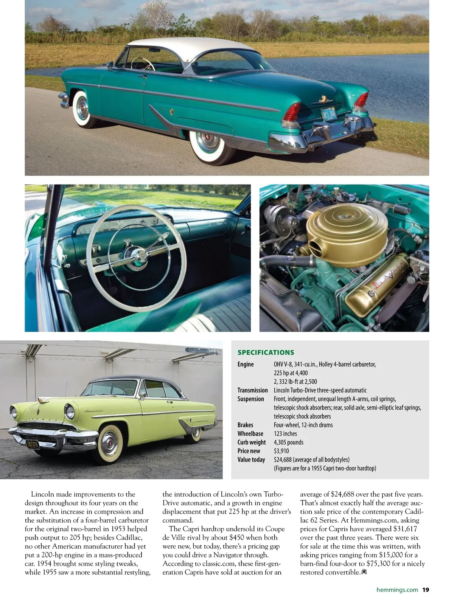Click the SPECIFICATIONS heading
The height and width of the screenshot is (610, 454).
point(266,352)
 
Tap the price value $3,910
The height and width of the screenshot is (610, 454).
point(281,451)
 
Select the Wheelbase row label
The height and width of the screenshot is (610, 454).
point(250,433)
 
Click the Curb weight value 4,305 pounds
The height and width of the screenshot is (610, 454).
point(289,442)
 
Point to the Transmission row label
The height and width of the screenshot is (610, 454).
point(252,390)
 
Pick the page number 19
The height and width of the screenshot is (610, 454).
point(426,590)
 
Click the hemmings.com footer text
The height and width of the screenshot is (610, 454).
point(397,590)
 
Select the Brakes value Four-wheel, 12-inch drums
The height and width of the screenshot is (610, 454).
point(303,425)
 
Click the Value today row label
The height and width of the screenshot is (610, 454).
point(251,459)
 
